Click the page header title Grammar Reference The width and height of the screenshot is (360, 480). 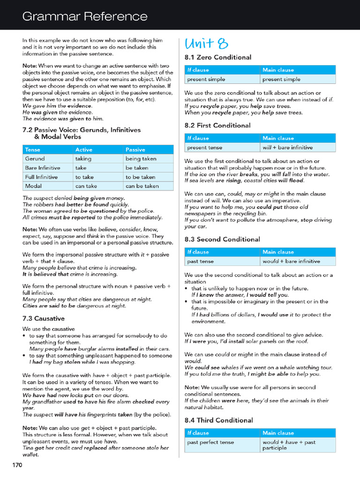click(x=85, y=17)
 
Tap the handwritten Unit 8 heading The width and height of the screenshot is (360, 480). click(x=206, y=44)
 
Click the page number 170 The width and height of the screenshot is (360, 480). click(x=17, y=465)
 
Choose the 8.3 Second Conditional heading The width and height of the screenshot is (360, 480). click(x=222, y=239)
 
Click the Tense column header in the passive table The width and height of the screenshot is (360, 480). click(x=33, y=150)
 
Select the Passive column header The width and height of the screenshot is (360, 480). click(x=135, y=150)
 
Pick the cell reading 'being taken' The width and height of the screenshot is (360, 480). click(x=141, y=159)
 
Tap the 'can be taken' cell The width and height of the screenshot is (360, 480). click(x=142, y=186)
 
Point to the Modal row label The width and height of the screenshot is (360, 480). click(x=34, y=186)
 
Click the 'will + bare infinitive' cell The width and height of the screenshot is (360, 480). click(x=287, y=147)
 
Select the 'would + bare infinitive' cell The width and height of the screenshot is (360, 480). click(x=291, y=261)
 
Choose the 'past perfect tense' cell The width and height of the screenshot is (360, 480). click(x=210, y=442)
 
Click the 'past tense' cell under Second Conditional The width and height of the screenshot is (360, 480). click(x=199, y=261)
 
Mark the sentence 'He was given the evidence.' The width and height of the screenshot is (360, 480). click(x=52, y=112)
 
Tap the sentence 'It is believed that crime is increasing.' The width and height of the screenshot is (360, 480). click(x=70, y=274)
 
